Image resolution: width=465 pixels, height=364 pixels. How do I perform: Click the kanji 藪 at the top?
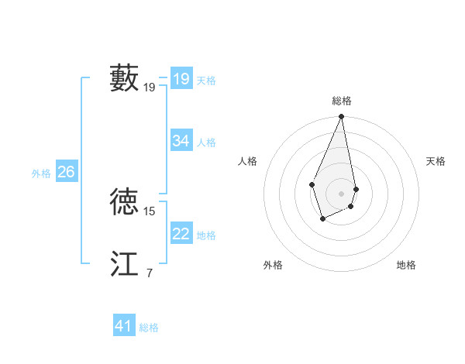124,78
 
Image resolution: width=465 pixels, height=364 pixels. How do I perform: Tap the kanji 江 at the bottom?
124,263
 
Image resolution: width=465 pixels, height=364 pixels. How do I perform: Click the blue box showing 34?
181,141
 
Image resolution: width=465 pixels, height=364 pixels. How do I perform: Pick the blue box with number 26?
66,172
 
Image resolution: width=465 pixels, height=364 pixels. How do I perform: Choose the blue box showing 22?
181,234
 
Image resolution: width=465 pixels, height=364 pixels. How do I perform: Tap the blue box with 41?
124,326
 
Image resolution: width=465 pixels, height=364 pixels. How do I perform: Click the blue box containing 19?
181,78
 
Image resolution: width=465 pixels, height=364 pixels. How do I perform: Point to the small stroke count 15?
150,211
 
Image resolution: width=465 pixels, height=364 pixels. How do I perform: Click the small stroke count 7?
150,273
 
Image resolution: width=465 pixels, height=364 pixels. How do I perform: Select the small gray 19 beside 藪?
150,88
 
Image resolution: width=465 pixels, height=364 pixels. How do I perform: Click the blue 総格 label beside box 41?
149,328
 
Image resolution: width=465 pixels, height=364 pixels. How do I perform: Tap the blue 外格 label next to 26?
41,173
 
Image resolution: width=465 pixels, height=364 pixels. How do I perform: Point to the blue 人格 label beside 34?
206,143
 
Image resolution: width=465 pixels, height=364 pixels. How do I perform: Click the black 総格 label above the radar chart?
341,101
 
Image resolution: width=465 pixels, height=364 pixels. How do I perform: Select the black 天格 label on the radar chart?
436,161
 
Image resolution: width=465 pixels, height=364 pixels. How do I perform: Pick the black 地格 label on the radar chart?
406,265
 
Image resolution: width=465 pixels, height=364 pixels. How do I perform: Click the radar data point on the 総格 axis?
341,117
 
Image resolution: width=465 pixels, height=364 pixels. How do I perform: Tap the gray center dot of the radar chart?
341,193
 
